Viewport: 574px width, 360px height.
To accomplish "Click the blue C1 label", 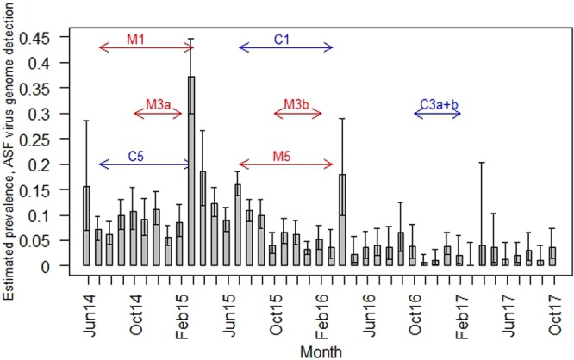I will (283, 38).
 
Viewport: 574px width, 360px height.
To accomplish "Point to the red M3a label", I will (157, 104).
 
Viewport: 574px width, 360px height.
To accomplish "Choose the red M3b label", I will (297, 104).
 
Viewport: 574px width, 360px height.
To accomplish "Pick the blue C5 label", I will (136, 155).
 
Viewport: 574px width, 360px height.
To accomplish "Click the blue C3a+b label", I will (439, 104).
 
